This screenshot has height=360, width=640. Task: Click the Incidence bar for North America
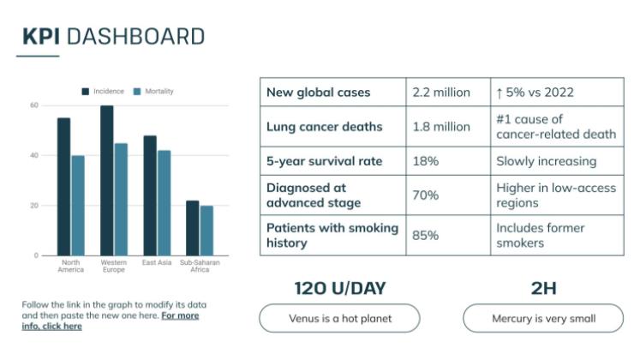pyautogui.click(x=64, y=187)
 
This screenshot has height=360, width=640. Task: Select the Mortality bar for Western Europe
pyautogui.click(x=121, y=200)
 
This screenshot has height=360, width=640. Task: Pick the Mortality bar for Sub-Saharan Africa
pyautogui.click(x=206, y=231)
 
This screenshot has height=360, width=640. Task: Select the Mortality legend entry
pyautogui.click(x=154, y=91)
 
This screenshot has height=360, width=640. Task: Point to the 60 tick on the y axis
pyautogui.click(x=34, y=105)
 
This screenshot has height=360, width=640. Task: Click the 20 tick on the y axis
pyautogui.click(x=34, y=206)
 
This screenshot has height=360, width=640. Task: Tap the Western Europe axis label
pyautogui.click(x=113, y=265)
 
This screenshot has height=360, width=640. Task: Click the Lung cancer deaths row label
pyautogui.click(x=324, y=127)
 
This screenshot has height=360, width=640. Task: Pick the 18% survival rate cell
pyautogui.click(x=425, y=161)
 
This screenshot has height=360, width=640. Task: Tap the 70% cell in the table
pyautogui.click(x=425, y=195)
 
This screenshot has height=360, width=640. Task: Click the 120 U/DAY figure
pyautogui.click(x=339, y=288)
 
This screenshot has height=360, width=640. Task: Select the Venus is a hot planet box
pyautogui.click(x=339, y=319)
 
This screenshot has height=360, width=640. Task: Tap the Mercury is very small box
pyautogui.click(x=543, y=319)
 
